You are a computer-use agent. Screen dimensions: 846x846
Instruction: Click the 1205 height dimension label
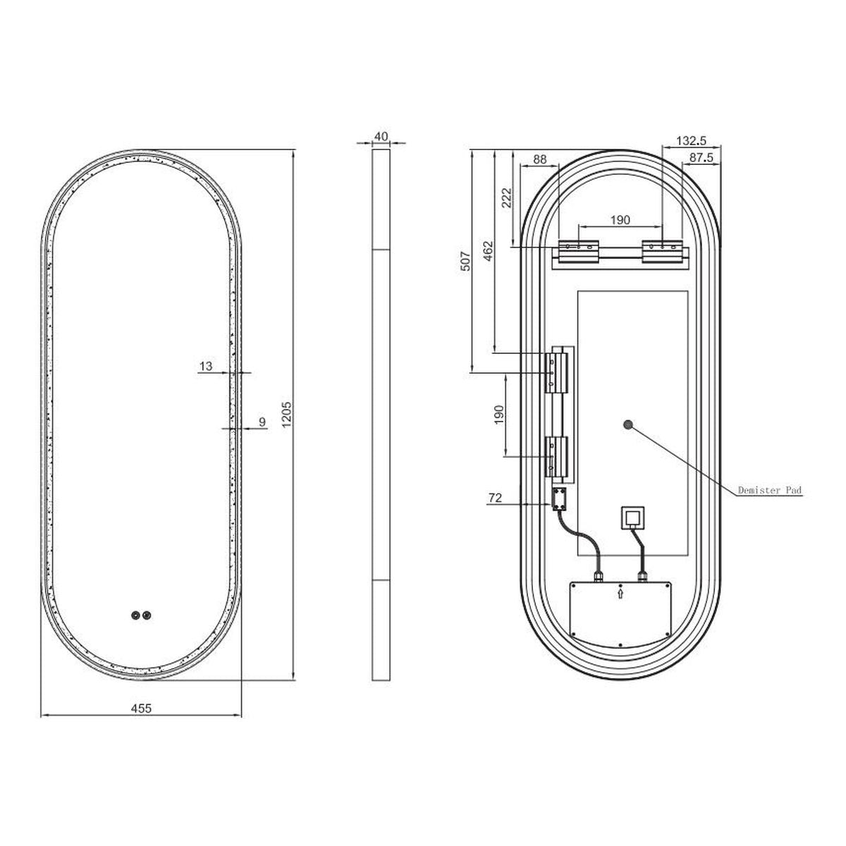pos(286,414)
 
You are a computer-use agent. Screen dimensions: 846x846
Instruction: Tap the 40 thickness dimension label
pos(381,137)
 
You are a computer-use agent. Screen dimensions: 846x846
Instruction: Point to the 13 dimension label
pos(205,366)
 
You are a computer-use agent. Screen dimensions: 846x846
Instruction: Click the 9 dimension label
pos(262,422)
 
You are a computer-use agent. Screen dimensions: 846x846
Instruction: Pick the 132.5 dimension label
pos(691,141)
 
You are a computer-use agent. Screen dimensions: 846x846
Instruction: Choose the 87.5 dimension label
pos(701,158)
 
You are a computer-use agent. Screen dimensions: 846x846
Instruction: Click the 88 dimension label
pos(539,159)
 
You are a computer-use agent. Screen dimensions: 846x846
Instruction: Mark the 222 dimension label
pos(507,197)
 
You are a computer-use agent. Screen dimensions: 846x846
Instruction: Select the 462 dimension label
pos(488,251)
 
